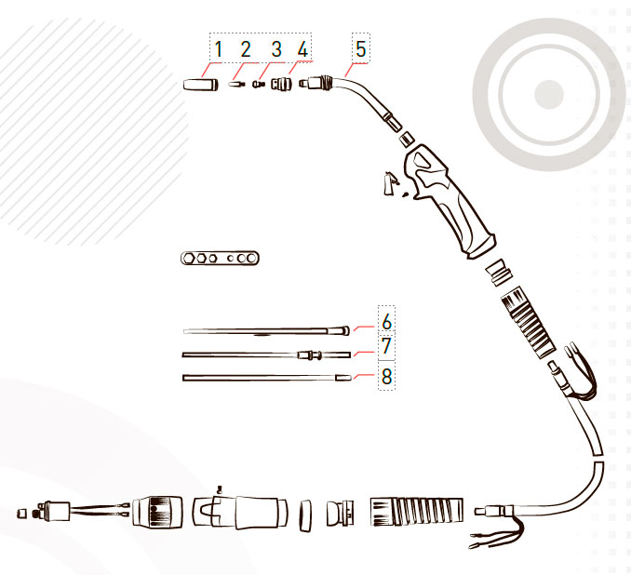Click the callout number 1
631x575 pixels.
point(219,49)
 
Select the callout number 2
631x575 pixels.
point(246,49)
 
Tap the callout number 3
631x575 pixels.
point(276,49)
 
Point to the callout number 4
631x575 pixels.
point(302,49)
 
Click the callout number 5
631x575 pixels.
point(361,49)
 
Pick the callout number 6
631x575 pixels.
point(387,322)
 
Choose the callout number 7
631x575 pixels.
point(387,345)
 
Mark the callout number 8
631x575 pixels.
point(387,377)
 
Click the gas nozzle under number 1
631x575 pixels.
point(200,85)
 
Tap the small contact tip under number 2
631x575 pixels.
point(236,85)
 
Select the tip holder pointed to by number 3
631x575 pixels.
point(258,84)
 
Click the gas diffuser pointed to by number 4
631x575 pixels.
point(280,84)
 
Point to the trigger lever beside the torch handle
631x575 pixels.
point(389,183)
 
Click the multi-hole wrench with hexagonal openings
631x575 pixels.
point(220,258)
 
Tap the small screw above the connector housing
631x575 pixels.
point(220,489)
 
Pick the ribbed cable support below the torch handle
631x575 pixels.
point(527,322)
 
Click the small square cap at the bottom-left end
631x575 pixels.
point(22,514)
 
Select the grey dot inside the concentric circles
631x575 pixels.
point(548,95)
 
